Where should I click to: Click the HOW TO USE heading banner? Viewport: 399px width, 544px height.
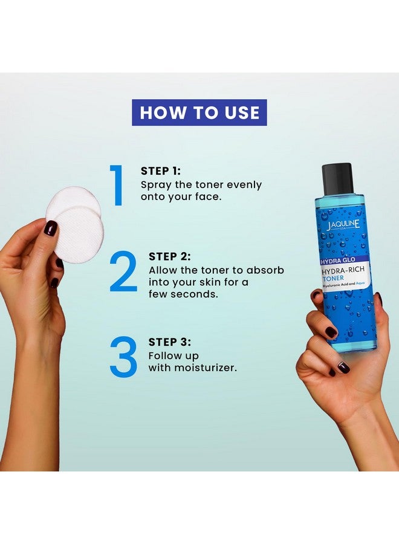(199, 112)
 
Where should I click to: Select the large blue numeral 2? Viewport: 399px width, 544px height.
(123, 271)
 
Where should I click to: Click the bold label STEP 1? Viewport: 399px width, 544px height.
(161, 171)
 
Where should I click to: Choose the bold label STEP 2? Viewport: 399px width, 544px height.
(170, 257)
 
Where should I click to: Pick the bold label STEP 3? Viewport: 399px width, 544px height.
(170, 342)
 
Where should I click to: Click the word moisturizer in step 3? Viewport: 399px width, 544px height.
(206, 368)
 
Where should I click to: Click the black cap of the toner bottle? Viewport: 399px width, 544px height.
(337, 179)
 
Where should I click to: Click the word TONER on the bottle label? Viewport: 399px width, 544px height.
(334, 278)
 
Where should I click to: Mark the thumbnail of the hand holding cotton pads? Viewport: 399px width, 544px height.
(51, 228)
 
